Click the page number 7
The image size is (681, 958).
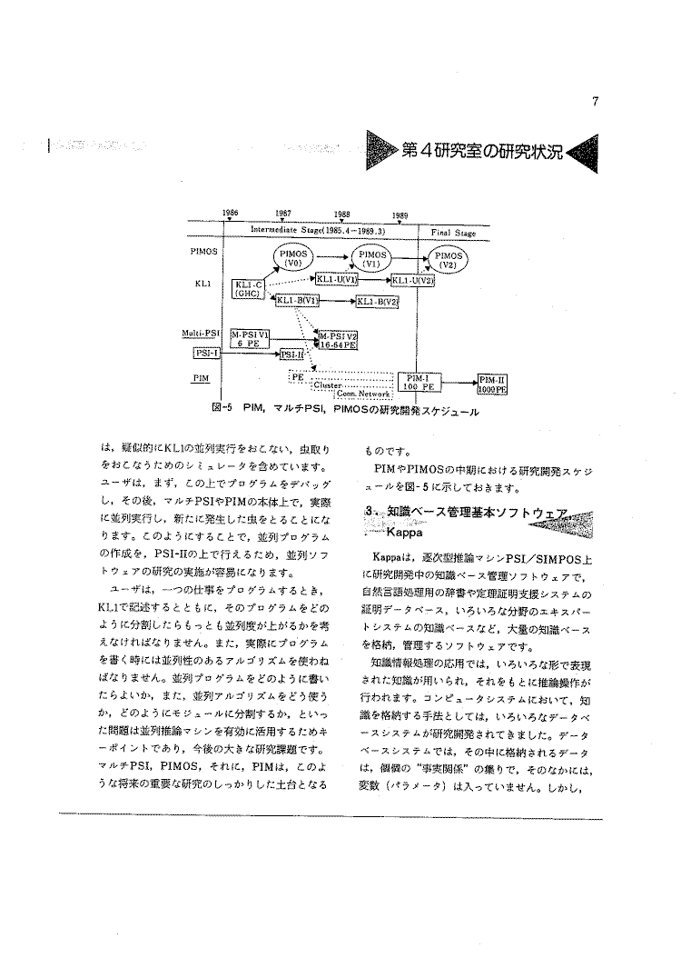click(x=594, y=102)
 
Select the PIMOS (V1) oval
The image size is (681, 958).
click(x=374, y=258)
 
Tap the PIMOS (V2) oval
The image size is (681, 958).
click(x=447, y=260)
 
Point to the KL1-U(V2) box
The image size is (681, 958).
click(x=412, y=281)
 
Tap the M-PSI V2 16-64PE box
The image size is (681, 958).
click(x=337, y=341)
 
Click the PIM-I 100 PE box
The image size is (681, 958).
click(x=419, y=384)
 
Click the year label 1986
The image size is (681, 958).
click(x=230, y=213)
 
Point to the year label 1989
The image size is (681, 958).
click(x=400, y=215)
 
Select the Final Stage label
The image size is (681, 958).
click(x=453, y=233)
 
